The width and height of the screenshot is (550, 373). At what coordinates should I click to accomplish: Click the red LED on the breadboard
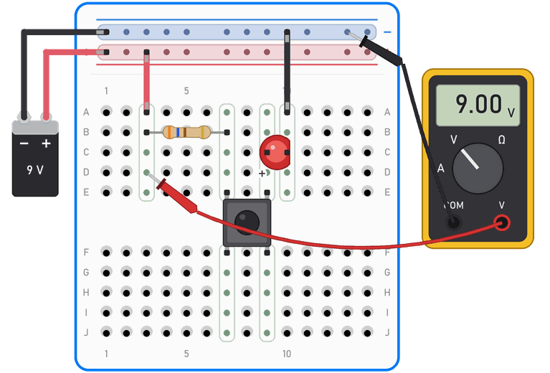click(275, 152)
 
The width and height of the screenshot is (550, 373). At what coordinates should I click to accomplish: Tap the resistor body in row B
click(186, 132)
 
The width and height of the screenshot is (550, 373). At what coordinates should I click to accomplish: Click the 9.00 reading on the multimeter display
click(479, 104)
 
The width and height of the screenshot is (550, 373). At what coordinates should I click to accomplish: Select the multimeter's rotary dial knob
click(478, 168)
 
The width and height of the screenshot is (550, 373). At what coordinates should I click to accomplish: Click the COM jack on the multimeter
click(453, 222)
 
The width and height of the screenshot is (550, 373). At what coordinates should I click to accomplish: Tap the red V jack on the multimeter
click(502, 222)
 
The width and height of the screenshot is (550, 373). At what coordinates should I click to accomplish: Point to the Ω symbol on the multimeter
click(501, 140)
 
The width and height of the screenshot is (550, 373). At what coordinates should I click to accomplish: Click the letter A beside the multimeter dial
click(440, 168)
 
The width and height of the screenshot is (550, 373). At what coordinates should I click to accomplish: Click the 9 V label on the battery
click(35, 170)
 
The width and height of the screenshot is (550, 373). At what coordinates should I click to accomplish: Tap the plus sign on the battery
click(47, 143)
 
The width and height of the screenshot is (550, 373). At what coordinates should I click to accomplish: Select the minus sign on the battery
click(24, 143)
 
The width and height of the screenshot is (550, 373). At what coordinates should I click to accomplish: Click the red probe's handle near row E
click(178, 196)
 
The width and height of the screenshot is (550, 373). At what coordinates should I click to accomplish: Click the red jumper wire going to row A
click(146, 82)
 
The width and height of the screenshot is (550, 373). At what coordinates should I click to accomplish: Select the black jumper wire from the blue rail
click(287, 72)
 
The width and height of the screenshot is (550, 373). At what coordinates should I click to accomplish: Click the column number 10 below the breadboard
click(287, 354)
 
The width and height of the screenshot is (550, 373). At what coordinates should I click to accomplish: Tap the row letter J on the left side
click(86, 332)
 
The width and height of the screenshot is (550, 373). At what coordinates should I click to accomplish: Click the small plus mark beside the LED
click(262, 174)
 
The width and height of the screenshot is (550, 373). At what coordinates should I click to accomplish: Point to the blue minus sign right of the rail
click(387, 32)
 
